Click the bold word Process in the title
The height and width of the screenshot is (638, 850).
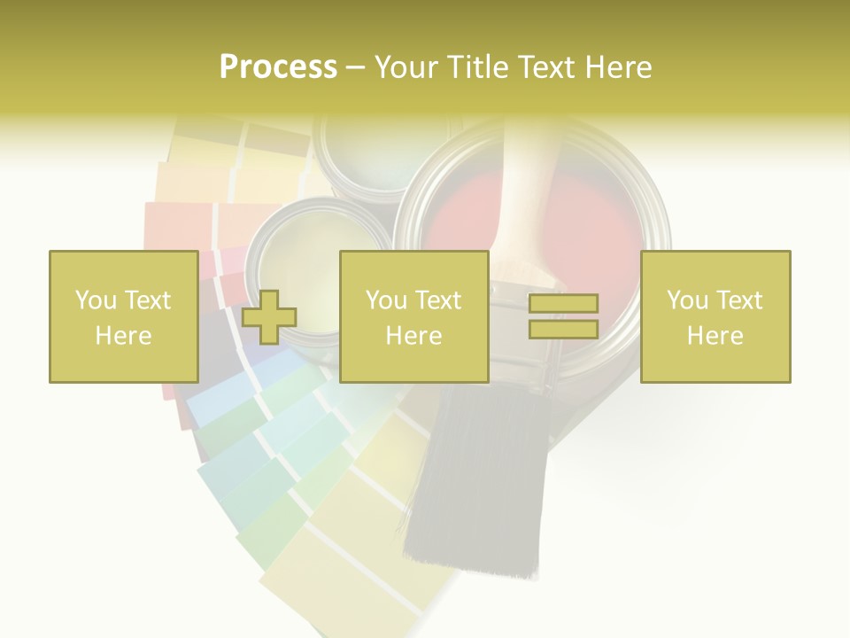[278, 67]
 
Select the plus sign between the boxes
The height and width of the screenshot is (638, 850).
[269, 316]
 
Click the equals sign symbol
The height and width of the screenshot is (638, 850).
[563, 316]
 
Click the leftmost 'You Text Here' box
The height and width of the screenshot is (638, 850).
[123, 316]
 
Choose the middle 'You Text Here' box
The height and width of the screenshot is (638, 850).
[413, 316]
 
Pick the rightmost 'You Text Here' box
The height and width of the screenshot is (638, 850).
[715, 316]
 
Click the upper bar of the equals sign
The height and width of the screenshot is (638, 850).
[563, 304]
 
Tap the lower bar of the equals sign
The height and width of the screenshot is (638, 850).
[563, 329]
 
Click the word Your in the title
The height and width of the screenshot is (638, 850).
[407, 67]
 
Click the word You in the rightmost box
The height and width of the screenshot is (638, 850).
[687, 300]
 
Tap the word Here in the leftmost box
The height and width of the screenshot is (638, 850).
[123, 336]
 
